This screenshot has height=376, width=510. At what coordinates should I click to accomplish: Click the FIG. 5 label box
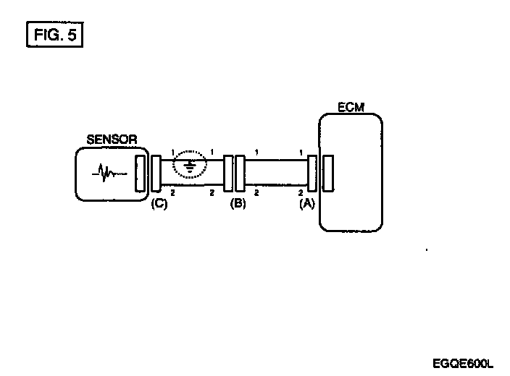point(54,35)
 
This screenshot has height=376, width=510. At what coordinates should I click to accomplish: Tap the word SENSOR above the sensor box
point(112,140)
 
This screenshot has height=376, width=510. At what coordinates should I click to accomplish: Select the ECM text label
point(351,108)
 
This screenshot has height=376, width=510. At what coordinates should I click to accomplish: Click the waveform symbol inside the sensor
point(109,173)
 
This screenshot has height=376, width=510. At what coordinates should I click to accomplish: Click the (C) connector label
point(159,204)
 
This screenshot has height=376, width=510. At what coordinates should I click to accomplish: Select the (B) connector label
point(238,203)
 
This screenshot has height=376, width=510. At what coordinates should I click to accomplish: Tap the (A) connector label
point(307,204)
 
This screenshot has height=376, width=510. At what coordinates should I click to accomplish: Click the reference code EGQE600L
point(463,363)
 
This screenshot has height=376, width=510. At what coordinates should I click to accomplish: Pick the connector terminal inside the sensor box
point(141,174)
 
